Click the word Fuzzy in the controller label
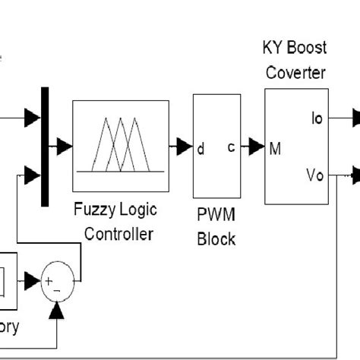pyautogui.click(x=93, y=210)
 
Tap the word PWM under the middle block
pyautogui.click(x=216, y=216)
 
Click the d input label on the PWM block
pyautogui.click(x=201, y=149)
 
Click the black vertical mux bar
pyautogui.click(x=44, y=147)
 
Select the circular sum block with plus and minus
pyautogui.click(x=58, y=281)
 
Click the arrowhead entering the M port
pyautogui.click(x=257, y=147)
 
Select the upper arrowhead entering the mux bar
pyautogui.click(x=31, y=117)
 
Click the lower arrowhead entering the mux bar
pyautogui.click(x=31, y=176)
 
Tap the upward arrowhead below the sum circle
pyautogui.click(x=58, y=310)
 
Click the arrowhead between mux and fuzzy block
pyautogui.click(x=65, y=147)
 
